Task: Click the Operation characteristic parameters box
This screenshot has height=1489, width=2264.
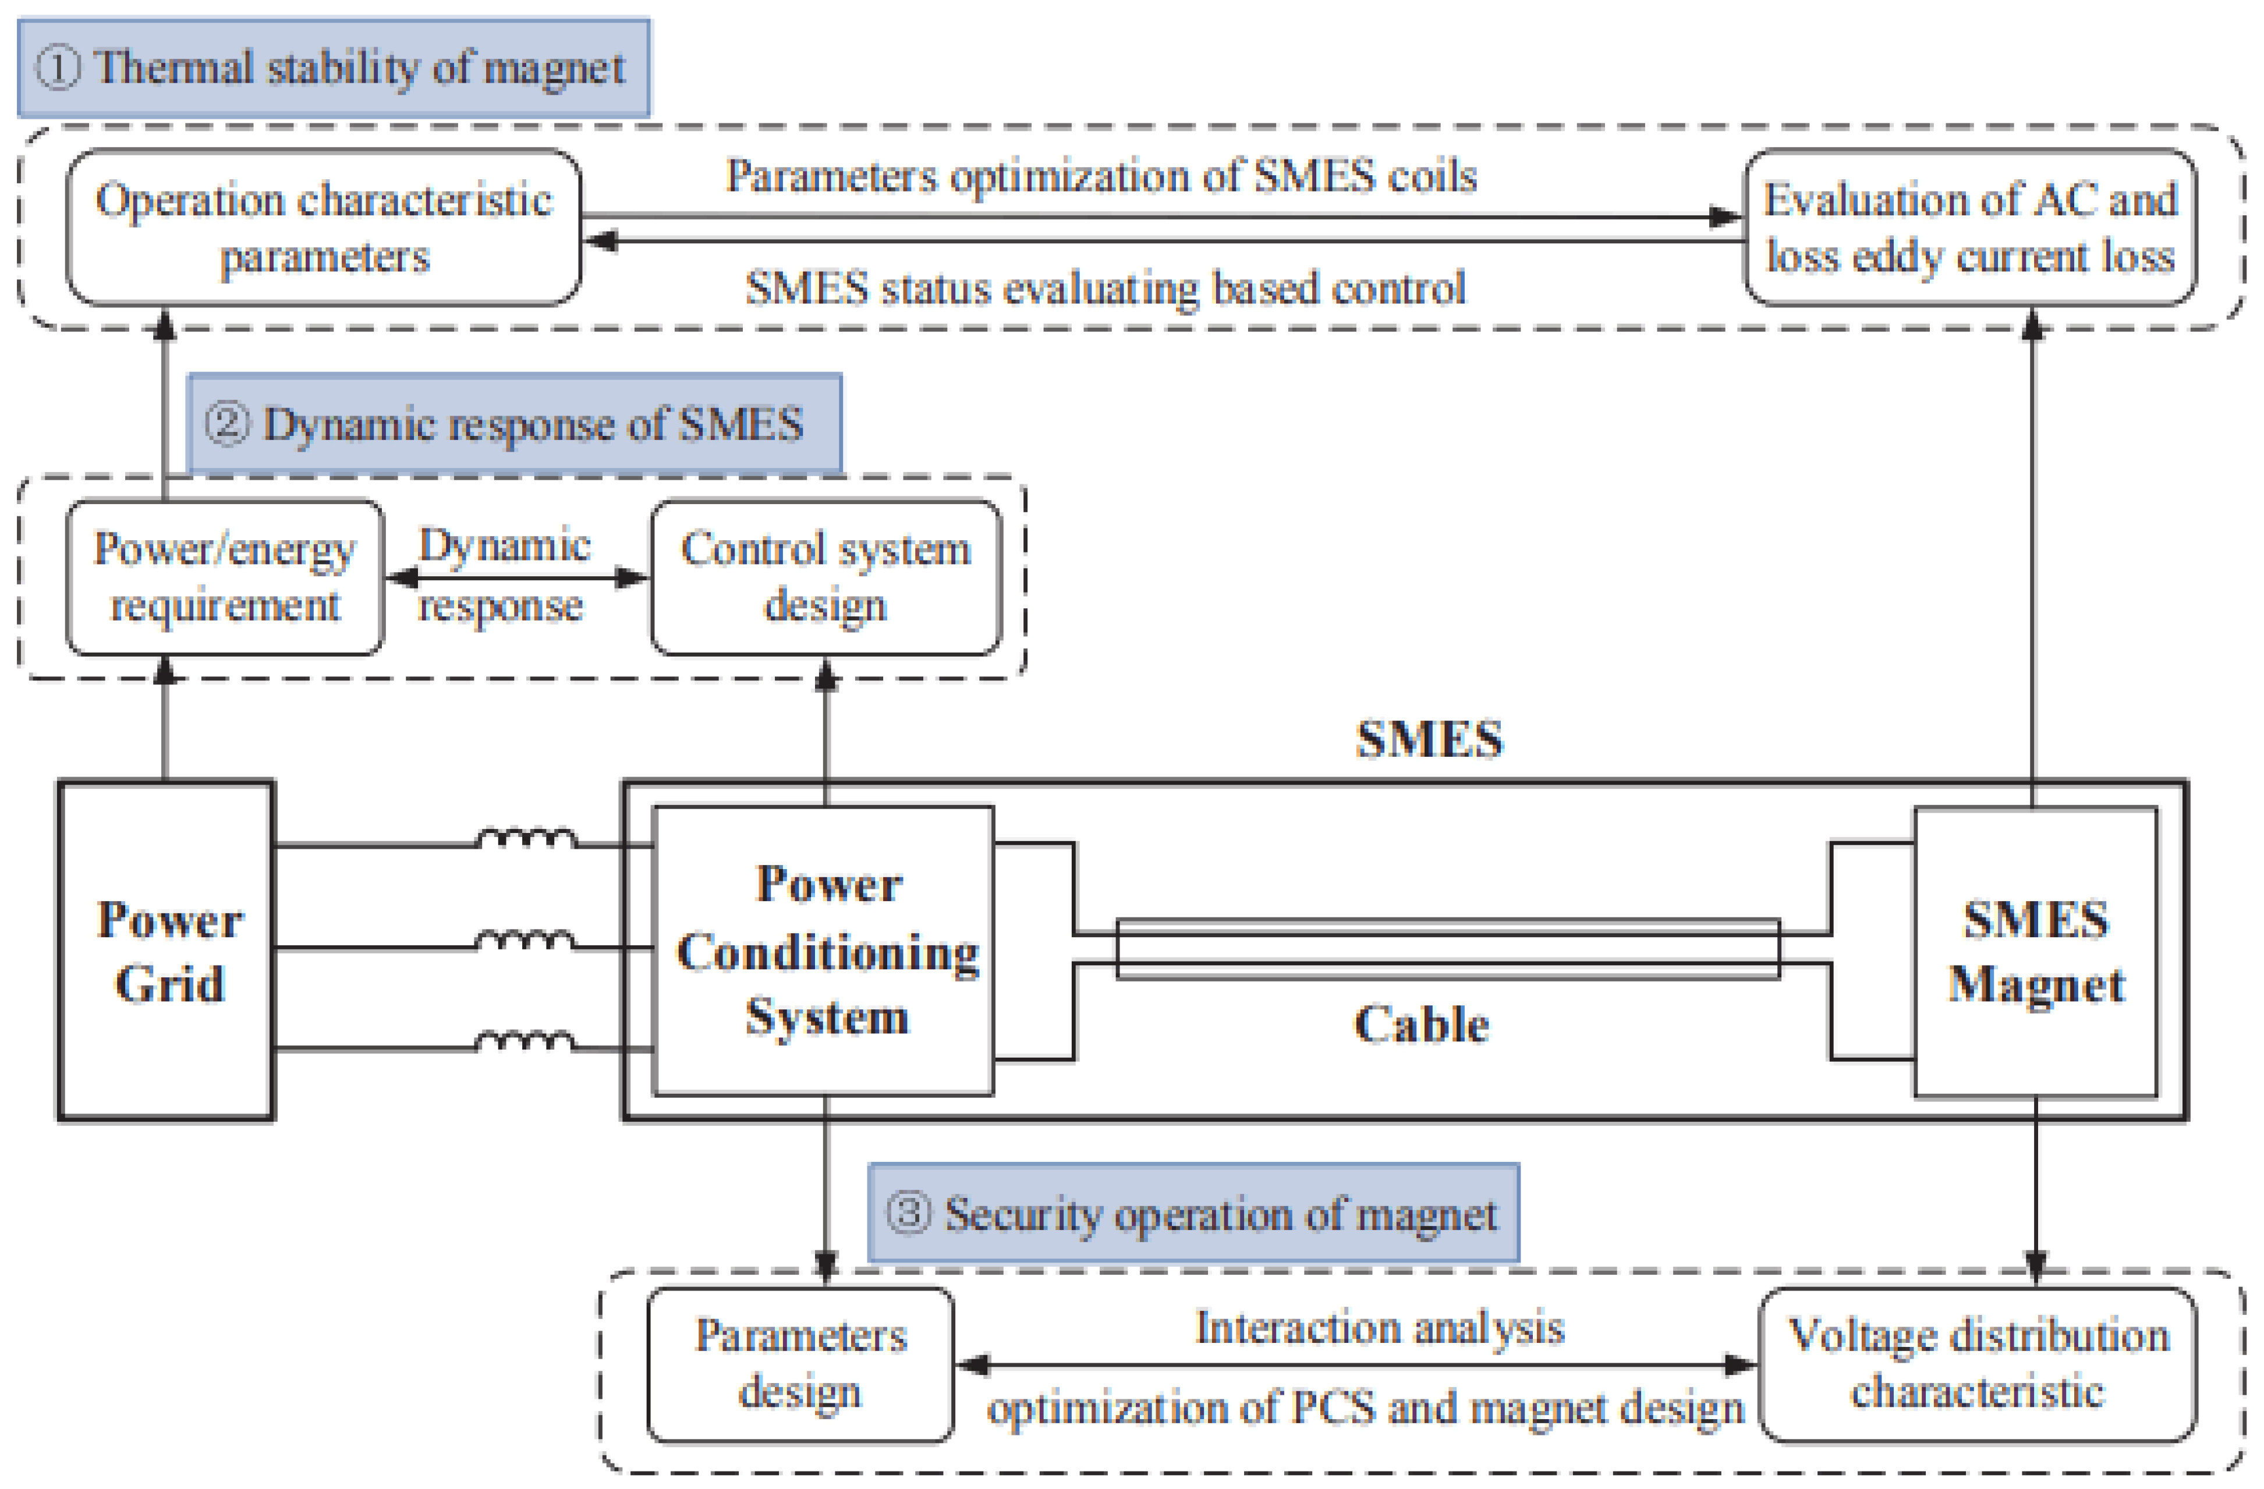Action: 324,228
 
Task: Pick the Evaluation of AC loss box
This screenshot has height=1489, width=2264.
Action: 1970,228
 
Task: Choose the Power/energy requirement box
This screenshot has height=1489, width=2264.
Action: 225,577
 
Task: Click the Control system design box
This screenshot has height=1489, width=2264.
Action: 825,577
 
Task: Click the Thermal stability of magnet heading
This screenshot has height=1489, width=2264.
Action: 334,68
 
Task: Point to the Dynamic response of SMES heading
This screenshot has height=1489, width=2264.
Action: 515,423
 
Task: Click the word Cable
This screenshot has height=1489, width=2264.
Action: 1421,1024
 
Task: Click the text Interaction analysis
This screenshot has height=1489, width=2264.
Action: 1379,1327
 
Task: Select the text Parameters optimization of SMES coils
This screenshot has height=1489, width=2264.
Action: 1101,176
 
